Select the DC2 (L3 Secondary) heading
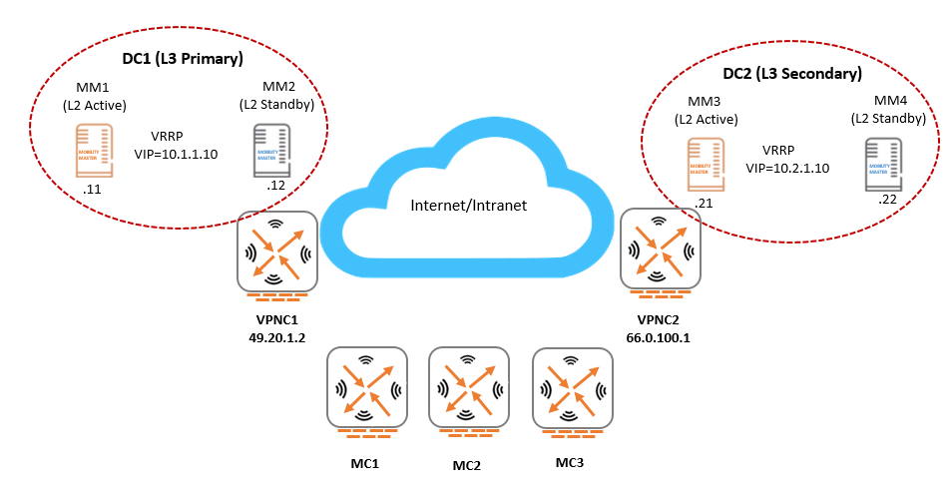(x=791, y=74)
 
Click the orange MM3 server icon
(x=706, y=166)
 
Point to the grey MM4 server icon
(x=883, y=164)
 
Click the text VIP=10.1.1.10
(x=176, y=155)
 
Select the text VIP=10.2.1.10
(x=788, y=168)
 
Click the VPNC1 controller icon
(x=277, y=250)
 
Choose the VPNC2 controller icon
(x=656, y=249)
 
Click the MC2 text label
(x=467, y=466)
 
